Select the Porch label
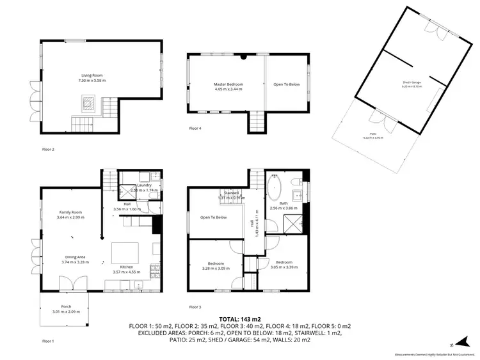(67, 307)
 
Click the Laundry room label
(144, 185)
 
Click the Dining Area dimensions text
(72, 262)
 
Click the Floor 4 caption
(195, 129)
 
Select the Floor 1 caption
(48, 341)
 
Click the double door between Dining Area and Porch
(67, 283)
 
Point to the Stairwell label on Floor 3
(230, 192)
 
